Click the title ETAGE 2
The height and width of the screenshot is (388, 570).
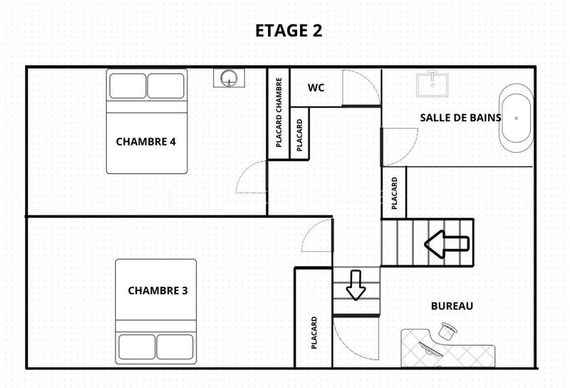[x=289, y=31]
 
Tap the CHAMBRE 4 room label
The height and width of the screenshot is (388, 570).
[x=145, y=141]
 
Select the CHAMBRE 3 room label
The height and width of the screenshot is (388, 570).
[x=157, y=290]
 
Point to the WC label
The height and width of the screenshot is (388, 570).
[x=316, y=88]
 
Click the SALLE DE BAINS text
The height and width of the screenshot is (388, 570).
[x=460, y=118]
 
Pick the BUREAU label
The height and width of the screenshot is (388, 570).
[x=452, y=306]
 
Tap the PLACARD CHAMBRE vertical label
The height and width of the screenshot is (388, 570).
[x=279, y=113]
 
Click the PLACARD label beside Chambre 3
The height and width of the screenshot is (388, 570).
[x=313, y=332]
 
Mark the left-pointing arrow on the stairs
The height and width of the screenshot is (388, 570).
[x=447, y=244]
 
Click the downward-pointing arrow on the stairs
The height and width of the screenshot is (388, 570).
[x=356, y=285]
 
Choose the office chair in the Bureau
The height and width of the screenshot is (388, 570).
[x=447, y=330]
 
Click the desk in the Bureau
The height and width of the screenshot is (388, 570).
[x=449, y=351]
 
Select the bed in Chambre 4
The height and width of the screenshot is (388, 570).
[x=147, y=121]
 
